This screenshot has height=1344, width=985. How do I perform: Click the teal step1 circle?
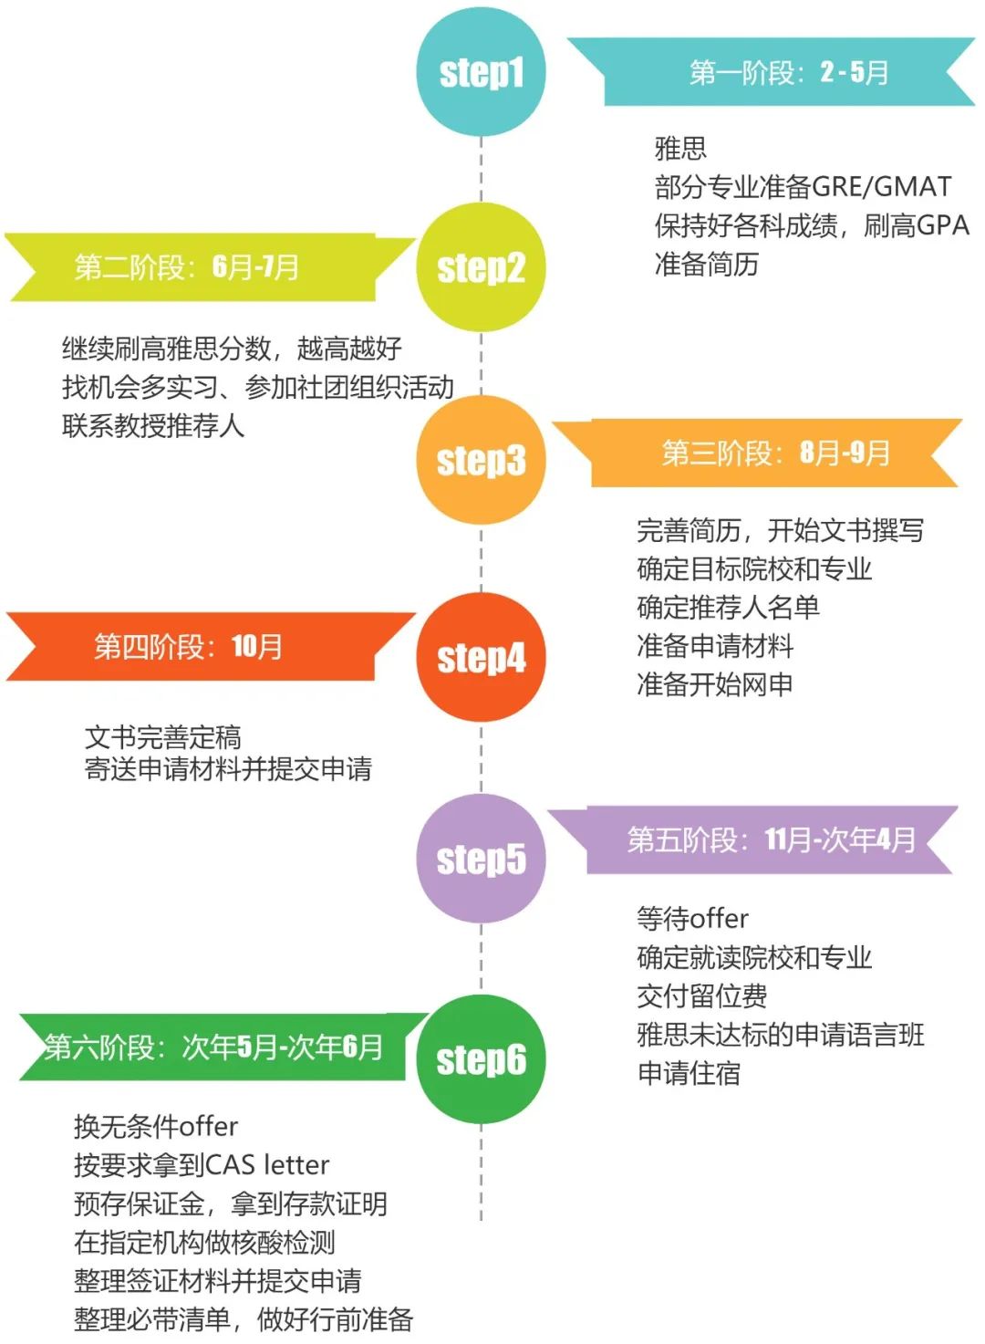[x=481, y=72]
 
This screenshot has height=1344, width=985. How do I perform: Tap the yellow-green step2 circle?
[x=481, y=267]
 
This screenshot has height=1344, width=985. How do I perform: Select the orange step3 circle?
[x=481, y=460]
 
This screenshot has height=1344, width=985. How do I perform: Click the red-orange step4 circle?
[x=481, y=657]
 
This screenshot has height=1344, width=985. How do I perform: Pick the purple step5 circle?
[x=481, y=859]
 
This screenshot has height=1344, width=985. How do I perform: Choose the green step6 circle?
[x=481, y=1059]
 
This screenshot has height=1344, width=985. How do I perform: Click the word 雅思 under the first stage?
[x=680, y=149]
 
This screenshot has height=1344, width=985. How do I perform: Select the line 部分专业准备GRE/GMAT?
[x=803, y=187]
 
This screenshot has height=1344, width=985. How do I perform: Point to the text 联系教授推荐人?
[x=153, y=425]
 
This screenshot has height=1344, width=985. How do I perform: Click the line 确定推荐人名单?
[x=728, y=607]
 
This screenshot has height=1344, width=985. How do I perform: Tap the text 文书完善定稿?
[x=163, y=736]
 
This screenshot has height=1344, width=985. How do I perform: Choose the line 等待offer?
[x=692, y=918]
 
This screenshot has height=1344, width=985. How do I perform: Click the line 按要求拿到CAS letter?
[x=202, y=1165]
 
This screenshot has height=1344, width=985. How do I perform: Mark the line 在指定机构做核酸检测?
[x=204, y=1242]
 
